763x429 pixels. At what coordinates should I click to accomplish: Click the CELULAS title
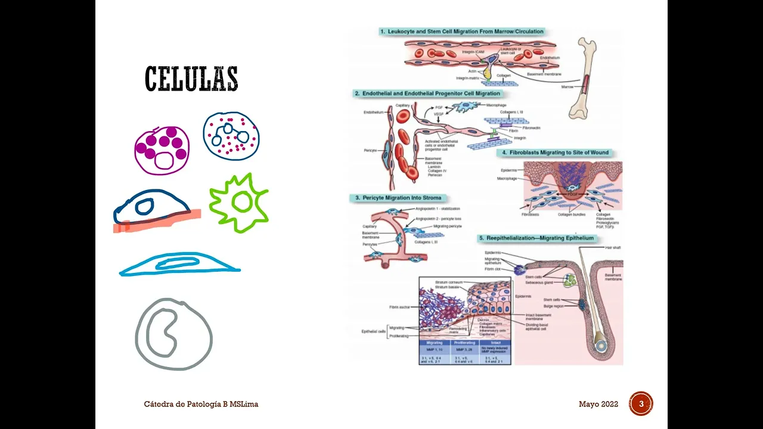coord(191,79)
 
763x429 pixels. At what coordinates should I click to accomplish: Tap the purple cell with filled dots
coord(162,150)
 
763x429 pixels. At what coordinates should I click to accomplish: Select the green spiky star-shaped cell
coord(238,203)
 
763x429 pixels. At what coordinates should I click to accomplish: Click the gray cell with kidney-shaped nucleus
coord(173,334)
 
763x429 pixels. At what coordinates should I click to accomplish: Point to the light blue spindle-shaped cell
coord(179,265)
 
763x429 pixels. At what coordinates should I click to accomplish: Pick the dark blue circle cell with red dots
coord(231,136)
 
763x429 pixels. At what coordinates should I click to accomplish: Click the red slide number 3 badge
coord(641,404)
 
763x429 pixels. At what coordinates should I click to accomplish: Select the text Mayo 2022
coord(598,405)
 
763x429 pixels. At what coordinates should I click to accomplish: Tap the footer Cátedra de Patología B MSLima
coord(201,405)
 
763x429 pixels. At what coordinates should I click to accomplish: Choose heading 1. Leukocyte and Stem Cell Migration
coord(461,32)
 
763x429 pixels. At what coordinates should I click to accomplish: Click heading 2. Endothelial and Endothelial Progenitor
coord(427,94)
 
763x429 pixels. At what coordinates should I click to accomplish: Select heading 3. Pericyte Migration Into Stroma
coord(399,198)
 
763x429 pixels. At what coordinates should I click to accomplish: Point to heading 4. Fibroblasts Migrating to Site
coord(555,153)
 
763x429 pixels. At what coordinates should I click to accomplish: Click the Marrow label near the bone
coord(568,87)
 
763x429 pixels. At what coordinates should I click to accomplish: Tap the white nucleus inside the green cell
coord(241,203)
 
